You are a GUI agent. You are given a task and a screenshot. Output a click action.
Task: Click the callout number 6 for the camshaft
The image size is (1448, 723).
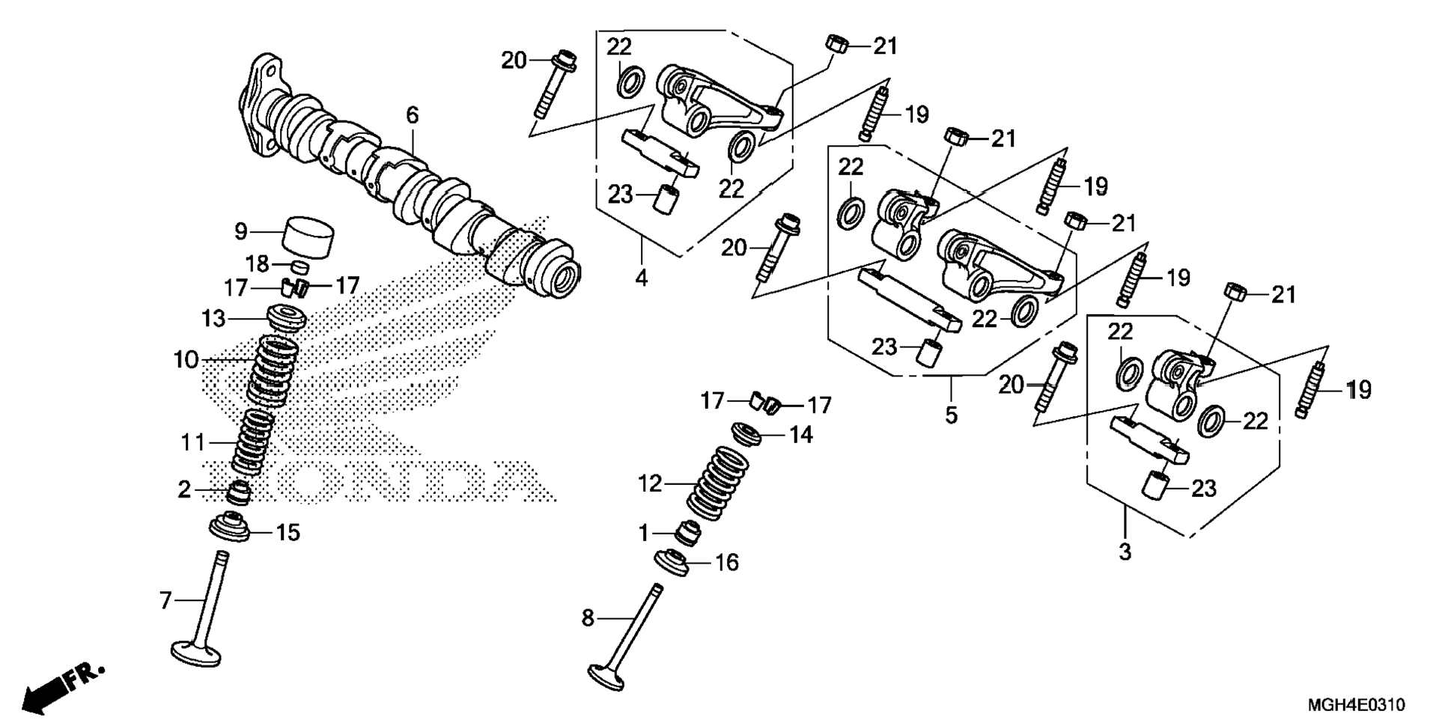pyautogui.click(x=412, y=115)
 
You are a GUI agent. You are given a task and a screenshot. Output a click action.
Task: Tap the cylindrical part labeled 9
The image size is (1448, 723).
pyautogui.click(x=307, y=235)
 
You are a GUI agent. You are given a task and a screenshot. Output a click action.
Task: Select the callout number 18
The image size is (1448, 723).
pyautogui.click(x=258, y=263)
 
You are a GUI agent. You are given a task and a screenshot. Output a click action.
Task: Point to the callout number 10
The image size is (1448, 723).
pyautogui.click(x=186, y=360)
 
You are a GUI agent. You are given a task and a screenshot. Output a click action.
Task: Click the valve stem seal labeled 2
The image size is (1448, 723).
pyautogui.click(x=239, y=492)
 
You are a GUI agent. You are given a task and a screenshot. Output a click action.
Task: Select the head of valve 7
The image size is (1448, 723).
pyautogui.click(x=195, y=652)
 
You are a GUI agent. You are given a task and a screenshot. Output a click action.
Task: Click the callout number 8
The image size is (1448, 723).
pyautogui.click(x=588, y=618)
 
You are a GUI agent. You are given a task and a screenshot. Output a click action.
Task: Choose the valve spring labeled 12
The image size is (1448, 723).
pyautogui.click(x=717, y=483)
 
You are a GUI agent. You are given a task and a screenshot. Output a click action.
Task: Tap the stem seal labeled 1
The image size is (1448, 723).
pyautogui.click(x=688, y=534)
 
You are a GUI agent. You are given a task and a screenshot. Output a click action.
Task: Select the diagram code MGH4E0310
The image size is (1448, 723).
pyautogui.click(x=1355, y=704)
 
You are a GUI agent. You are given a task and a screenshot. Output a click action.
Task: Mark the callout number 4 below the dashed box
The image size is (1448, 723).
pyautogui.click(x=641, y=278)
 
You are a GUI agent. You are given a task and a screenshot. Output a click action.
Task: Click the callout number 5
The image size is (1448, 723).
pyautogui.click(x=951, y=415)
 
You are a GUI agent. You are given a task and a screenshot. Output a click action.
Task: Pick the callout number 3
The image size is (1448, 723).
pyautogui.click(x=1125, y=552)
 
